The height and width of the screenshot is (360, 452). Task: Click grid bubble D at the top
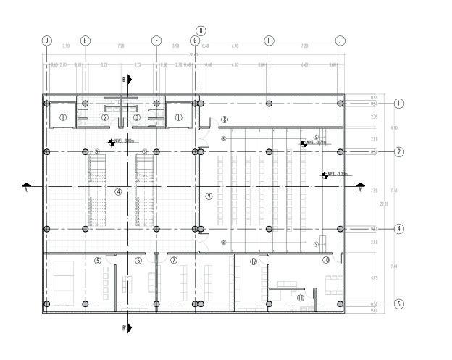click(x=46, y=41)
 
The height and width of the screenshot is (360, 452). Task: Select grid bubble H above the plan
click(x=201, y=30)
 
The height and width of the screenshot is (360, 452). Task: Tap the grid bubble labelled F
click(x=156, y=41)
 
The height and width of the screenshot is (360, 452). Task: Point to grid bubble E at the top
click(x=85, y=41)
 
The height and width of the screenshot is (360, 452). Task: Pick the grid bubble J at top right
click(x=340, y=41)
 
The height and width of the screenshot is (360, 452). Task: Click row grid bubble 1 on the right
click(x=398, y=104)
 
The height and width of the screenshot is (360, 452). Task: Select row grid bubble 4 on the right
click(x=398, y=229)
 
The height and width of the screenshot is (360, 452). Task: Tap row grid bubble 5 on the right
click(x=398, y=304)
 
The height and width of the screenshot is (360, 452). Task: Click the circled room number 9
click(x=209, y=196)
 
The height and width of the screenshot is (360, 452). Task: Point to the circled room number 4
click(x=118, y=192)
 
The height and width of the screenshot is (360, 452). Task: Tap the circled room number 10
click(x=326, y=259)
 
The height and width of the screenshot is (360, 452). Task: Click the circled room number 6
click(x=138, y=261)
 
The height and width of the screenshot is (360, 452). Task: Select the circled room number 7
click(x=174, y=261)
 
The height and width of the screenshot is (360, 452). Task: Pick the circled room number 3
click(x=136, y=117)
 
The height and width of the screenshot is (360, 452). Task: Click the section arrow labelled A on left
click(x=27, y=187)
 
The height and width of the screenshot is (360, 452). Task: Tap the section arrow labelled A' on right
click(x=360, y=187)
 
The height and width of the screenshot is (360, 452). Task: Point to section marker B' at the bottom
click(x=128, y=327)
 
